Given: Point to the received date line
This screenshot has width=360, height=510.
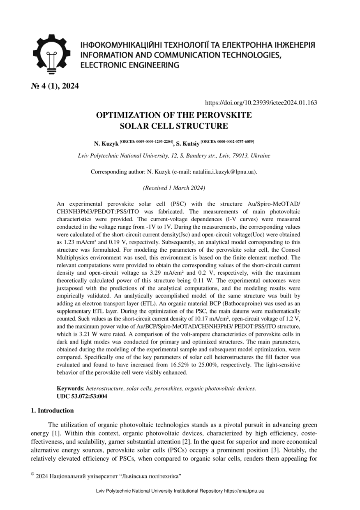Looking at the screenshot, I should click(x=174, y=188).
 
